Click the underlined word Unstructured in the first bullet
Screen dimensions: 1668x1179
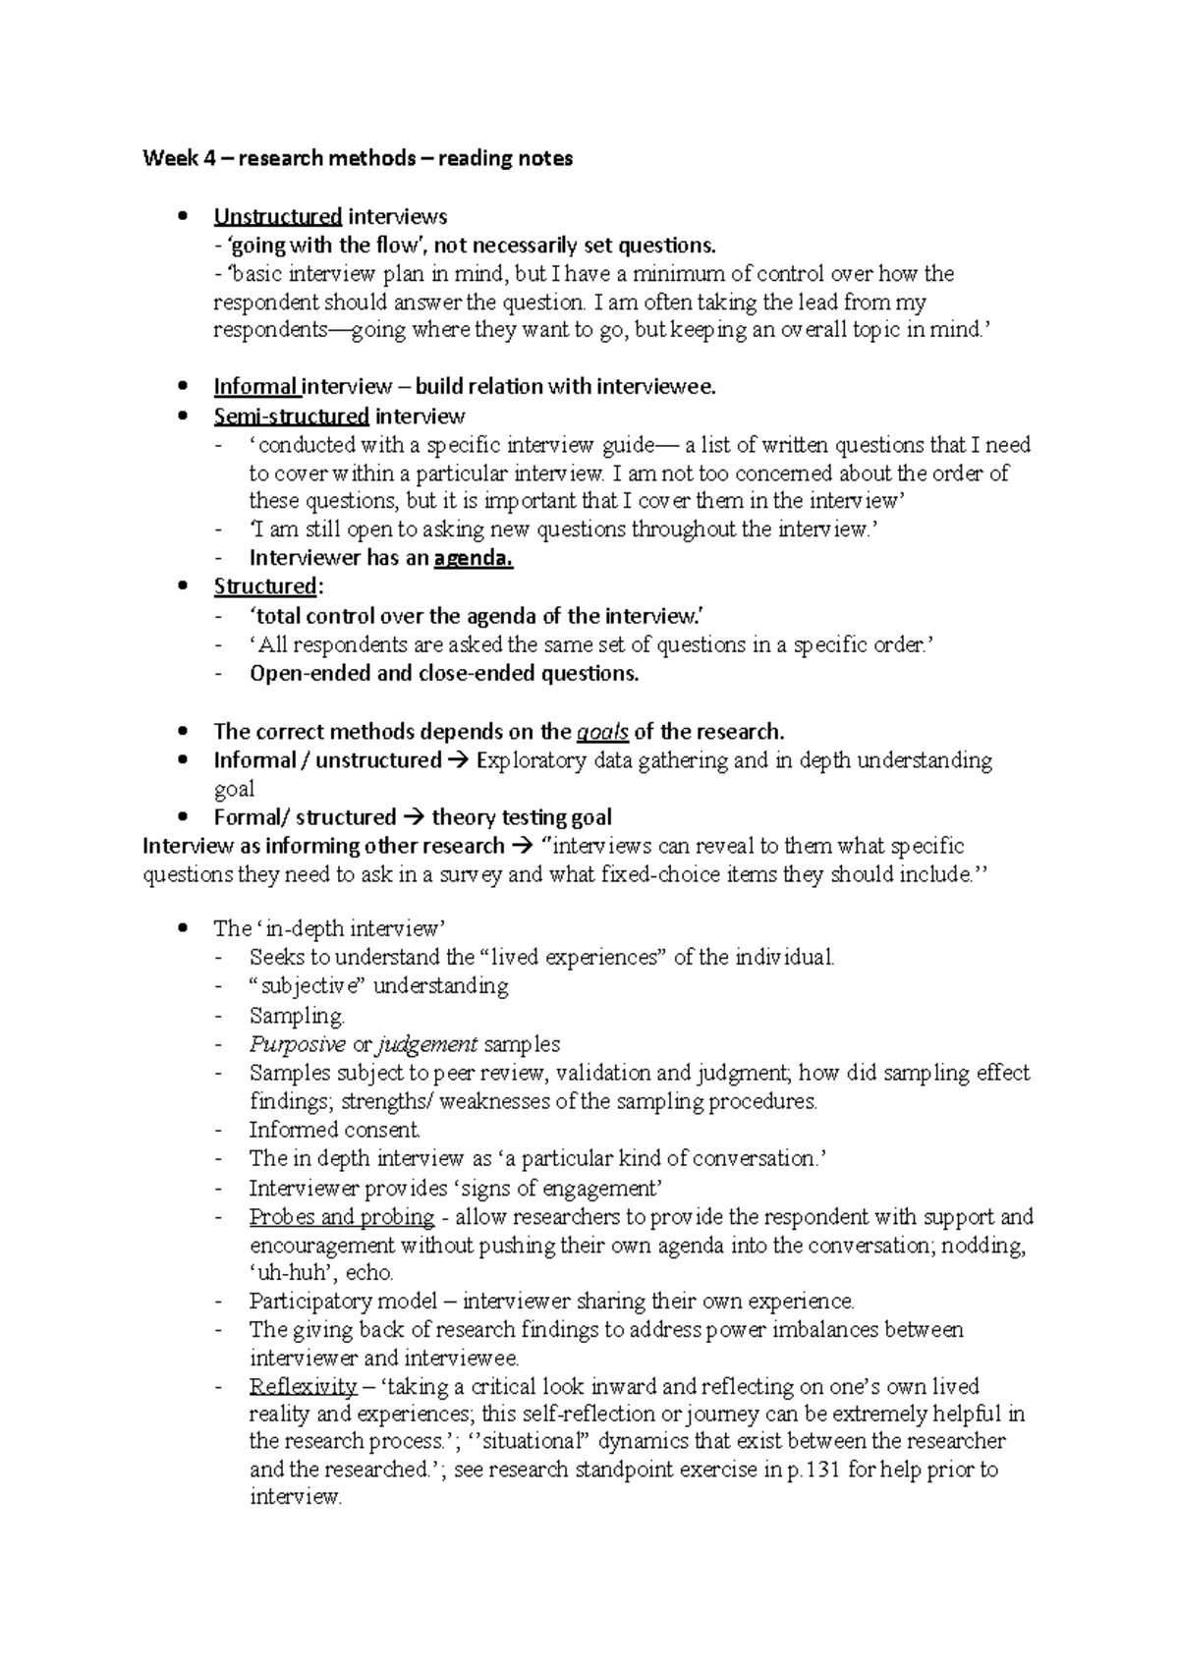277,216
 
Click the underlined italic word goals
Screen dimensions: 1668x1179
602,732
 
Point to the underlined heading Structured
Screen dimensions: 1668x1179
265,586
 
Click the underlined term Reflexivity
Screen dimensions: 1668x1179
303,1386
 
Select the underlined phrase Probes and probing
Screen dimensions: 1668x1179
341,1217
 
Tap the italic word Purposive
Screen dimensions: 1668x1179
297,1044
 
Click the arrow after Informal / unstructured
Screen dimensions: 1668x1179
459,760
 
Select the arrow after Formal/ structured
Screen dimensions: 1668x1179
413,817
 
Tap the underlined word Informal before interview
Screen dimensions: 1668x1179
255,386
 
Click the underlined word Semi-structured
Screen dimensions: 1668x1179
291,416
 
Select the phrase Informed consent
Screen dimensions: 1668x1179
335,1130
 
